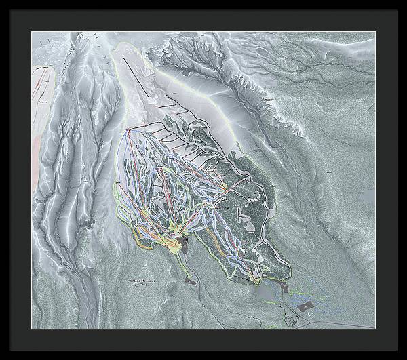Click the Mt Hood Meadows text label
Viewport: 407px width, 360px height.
(140, 280)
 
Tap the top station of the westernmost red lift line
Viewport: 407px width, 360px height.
(127, 129)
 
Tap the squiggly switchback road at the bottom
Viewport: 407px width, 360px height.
(294, 319)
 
